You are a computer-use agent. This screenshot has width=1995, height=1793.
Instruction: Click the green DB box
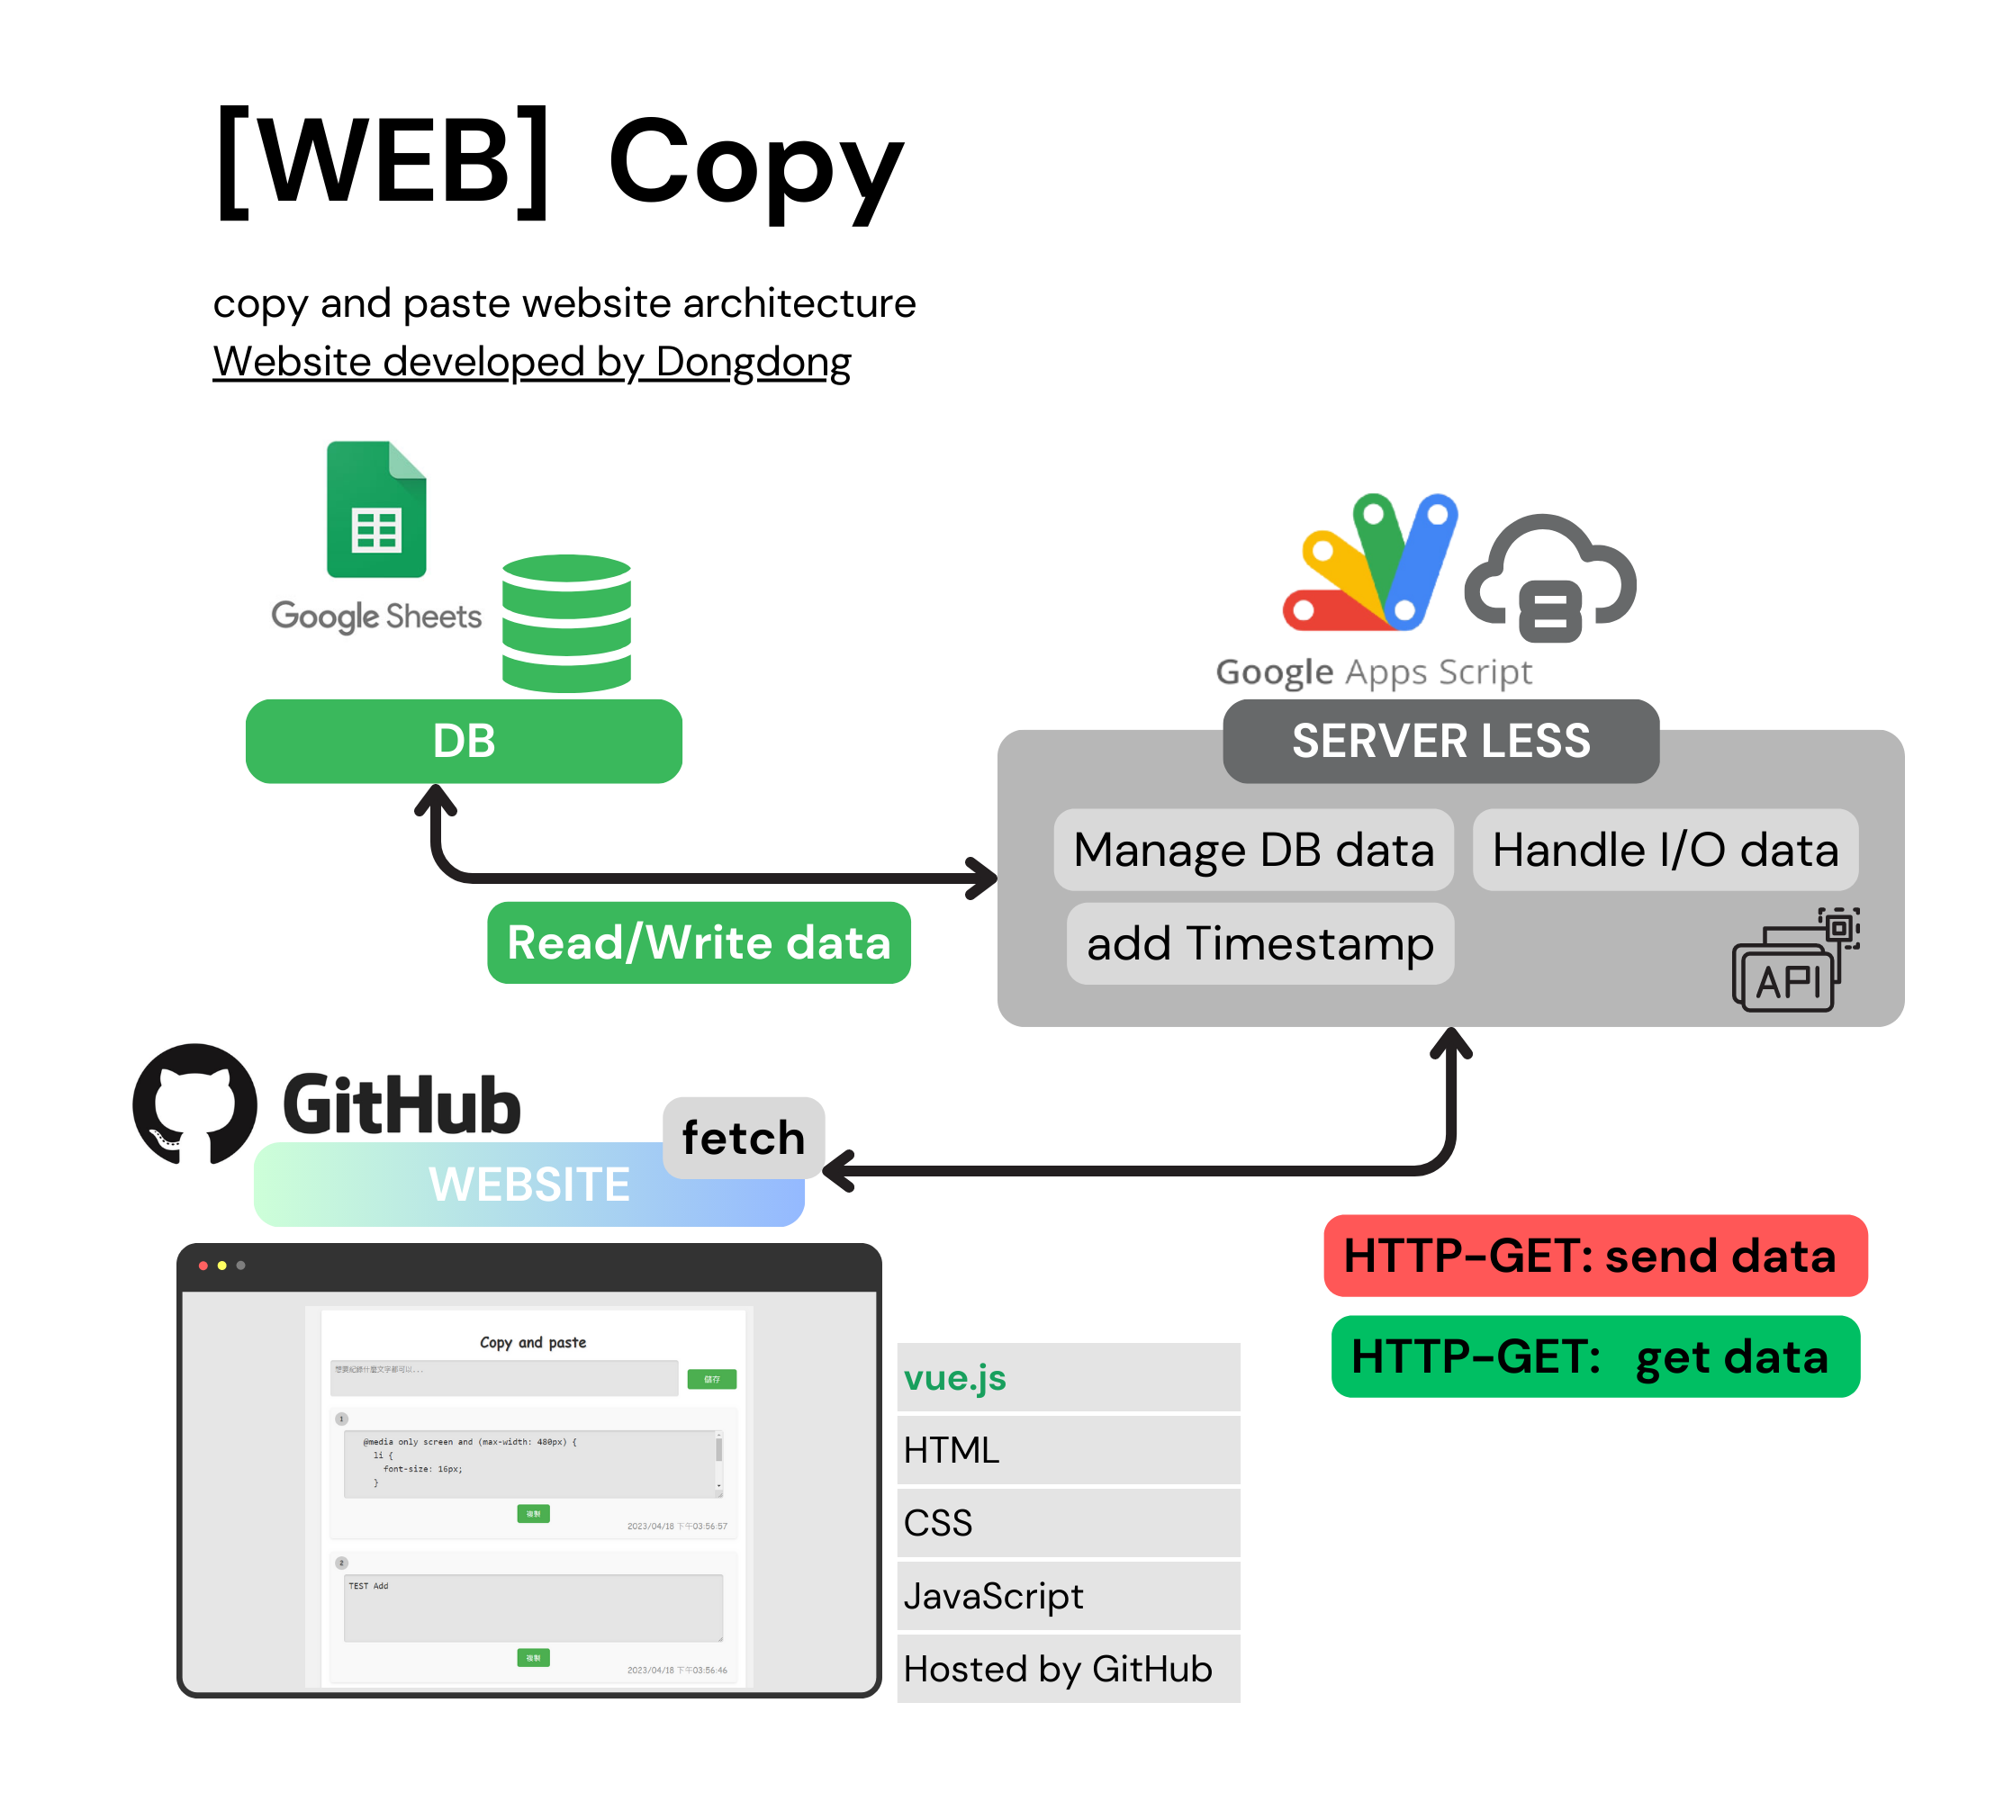click(x=463, y=741)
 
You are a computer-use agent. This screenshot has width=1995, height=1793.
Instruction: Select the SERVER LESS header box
click(x=1440, y=741)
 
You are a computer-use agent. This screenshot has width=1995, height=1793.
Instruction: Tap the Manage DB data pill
click(x=1253, y=849)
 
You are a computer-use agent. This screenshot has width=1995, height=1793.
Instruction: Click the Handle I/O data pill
click(x=1665, y=849)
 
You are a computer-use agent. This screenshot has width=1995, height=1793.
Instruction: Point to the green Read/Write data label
click(x=699, y=942)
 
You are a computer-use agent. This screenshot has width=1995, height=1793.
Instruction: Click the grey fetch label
click(x=743, y=1137)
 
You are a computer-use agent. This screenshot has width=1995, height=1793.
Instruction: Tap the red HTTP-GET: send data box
click(x=1595, y=1255)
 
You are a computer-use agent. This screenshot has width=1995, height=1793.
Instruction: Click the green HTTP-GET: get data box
click(x=1595, y=1356)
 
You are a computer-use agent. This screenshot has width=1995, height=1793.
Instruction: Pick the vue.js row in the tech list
click(x=1068, y=1376)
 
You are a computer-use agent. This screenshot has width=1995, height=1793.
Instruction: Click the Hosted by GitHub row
click(x=1068, y=1668)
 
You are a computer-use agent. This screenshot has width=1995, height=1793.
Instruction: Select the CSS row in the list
click(x=1068, y=1522)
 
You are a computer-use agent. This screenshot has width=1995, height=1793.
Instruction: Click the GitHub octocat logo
click(x=195, y=1104)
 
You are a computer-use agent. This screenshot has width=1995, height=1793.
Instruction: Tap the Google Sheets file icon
click(x=376, y=509)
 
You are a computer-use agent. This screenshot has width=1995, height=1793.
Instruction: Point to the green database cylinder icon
click(x=566, y=623)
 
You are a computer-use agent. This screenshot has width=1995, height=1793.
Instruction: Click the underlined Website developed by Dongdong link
click(x=532, y=362)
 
